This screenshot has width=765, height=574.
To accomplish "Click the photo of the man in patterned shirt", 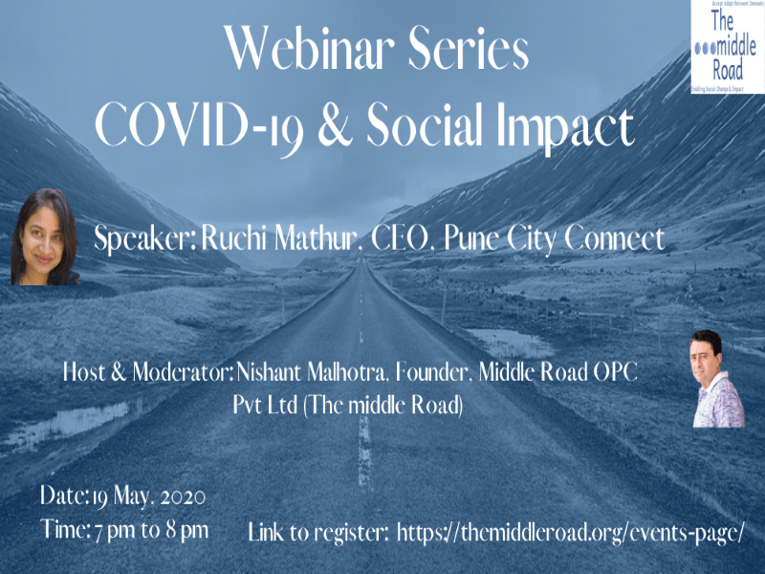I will tap(717, 379).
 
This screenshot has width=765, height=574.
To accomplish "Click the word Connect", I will tap(613, 239).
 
